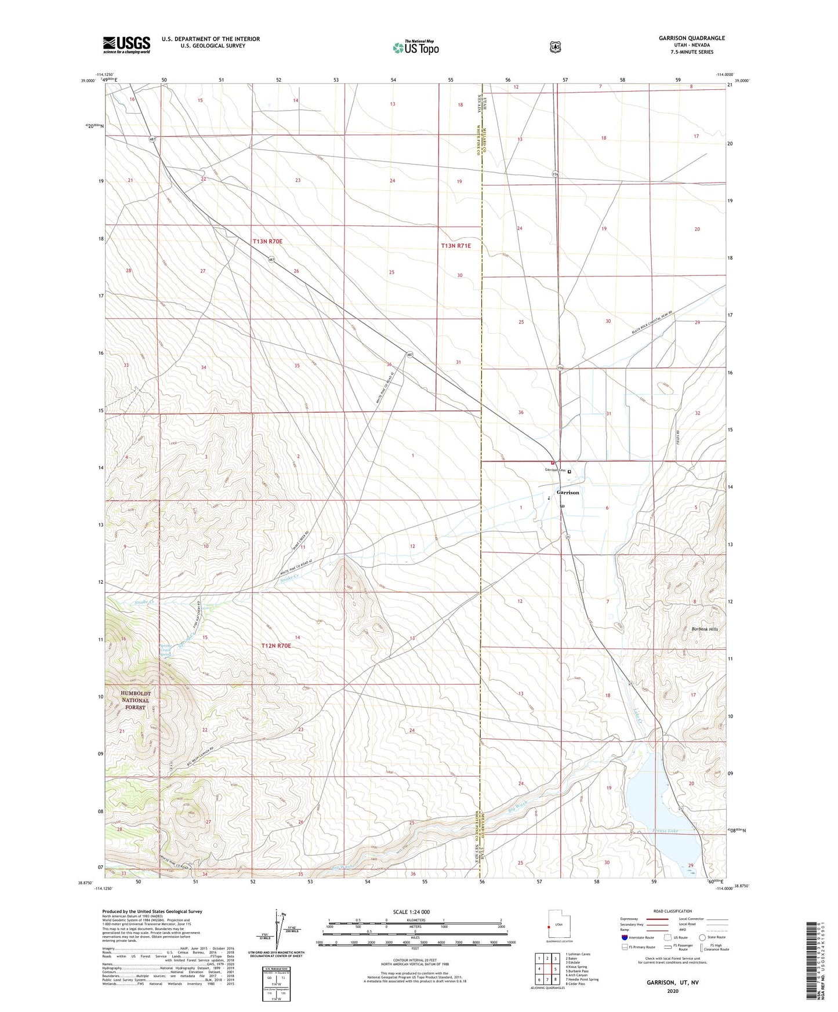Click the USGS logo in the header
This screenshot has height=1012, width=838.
(x=126, y=45)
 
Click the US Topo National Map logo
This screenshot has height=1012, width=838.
(x=415, y=47)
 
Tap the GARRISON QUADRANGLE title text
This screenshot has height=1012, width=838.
(x=691, y=38)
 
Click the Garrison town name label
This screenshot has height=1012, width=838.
(x=568, y=492)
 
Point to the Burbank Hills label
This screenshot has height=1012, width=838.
(x=705, y=629)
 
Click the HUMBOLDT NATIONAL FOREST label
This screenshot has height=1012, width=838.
(x=135, y=700)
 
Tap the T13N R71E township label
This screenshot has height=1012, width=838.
(x=456, y=246)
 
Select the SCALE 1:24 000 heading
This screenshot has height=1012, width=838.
(x=411, y=912)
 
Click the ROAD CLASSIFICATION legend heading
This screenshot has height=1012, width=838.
(x=672, y=911)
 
